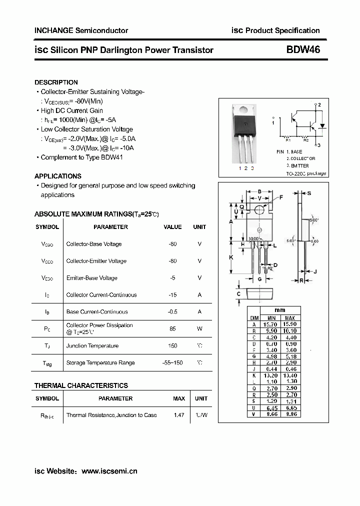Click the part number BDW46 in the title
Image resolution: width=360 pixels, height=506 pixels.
[x=303, y=50]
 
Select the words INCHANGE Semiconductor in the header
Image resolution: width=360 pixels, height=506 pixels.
[x=81, y=30]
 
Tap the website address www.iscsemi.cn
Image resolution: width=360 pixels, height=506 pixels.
[x=109, y=471]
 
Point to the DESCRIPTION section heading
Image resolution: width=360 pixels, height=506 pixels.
[x=56, y=82]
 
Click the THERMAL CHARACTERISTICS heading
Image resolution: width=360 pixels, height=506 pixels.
[x=81, y=385]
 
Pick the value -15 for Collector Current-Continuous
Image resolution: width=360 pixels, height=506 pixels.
[x=172, y=295]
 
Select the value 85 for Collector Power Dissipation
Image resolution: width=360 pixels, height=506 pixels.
[x=172, y=328]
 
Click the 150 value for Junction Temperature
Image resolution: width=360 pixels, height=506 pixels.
[x=172, y=346]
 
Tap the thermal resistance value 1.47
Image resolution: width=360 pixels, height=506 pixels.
[x=178, y=415]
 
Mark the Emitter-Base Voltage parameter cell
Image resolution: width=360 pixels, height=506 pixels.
[x=92, y=278]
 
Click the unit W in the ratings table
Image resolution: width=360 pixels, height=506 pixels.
[x=199, y=328]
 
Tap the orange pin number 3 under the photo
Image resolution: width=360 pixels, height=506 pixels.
[x=252, y=168]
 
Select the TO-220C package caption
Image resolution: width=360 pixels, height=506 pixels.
[x=306, y=173]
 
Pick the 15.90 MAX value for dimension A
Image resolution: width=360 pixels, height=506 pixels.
[x=289, y=324]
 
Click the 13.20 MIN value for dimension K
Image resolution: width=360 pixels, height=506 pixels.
[x=271, y=375]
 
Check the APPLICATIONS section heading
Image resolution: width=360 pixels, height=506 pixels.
[x=58, y=176]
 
